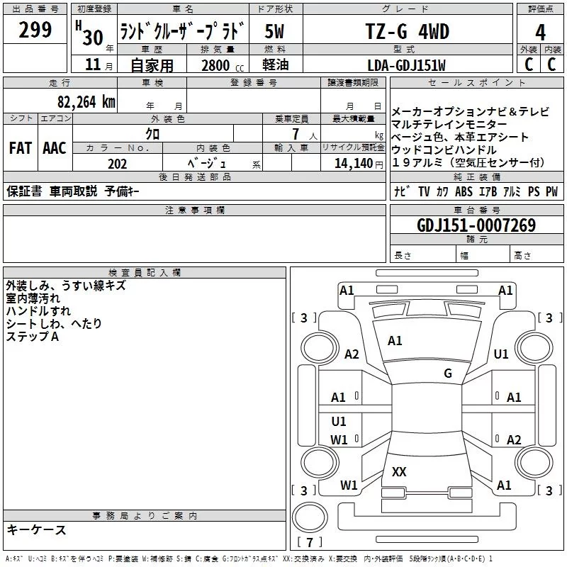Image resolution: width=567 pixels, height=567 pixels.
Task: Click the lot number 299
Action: pyautogui.click(x=35, y=30)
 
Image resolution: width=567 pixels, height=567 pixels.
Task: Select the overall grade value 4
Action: pyautogui.click(x=540, y=32)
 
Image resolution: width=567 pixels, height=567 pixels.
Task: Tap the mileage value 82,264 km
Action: pyautogui.click(x=86, y=101)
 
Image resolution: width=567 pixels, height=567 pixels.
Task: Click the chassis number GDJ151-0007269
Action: pyautogui.click(x=476, y=226)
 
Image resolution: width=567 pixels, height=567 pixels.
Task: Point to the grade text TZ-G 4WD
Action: pyautogui.click(x=406, y=31)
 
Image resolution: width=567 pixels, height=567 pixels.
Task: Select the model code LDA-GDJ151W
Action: pyautogui.click(x=407, y=65)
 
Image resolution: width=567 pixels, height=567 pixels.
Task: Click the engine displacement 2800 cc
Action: pyautogui.click(x=220, y=65)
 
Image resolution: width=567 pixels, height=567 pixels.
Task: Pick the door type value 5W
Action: pyautogui.click(x=276, y=31)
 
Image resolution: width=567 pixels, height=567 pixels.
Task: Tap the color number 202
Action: pyautogui.click(x=118, y=164)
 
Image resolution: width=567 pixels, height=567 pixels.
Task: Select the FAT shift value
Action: pyautogui.click(x=20, y=148)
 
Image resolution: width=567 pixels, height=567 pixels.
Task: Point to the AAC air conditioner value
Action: pyautogui.click(x=55, y=148)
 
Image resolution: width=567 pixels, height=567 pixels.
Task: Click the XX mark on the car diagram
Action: pyautogui.click(x=399, y=471)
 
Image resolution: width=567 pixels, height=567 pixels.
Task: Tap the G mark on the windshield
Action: pyautogui.click(x=448, y=373)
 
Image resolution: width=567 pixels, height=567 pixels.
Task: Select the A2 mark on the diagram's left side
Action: pyautogui.click(x=352, y=354)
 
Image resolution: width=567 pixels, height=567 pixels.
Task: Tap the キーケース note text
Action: pyautogui.click(x=36, y=529)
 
